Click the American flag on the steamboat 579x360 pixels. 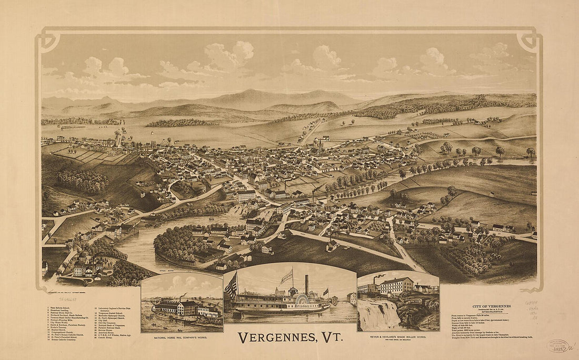pos(231,286)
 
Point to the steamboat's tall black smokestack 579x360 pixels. pos(306,285)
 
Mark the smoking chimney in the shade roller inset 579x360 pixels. pos(375,279)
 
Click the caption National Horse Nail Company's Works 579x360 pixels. pos(182,337)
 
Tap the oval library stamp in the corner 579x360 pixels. pos(558,345)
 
